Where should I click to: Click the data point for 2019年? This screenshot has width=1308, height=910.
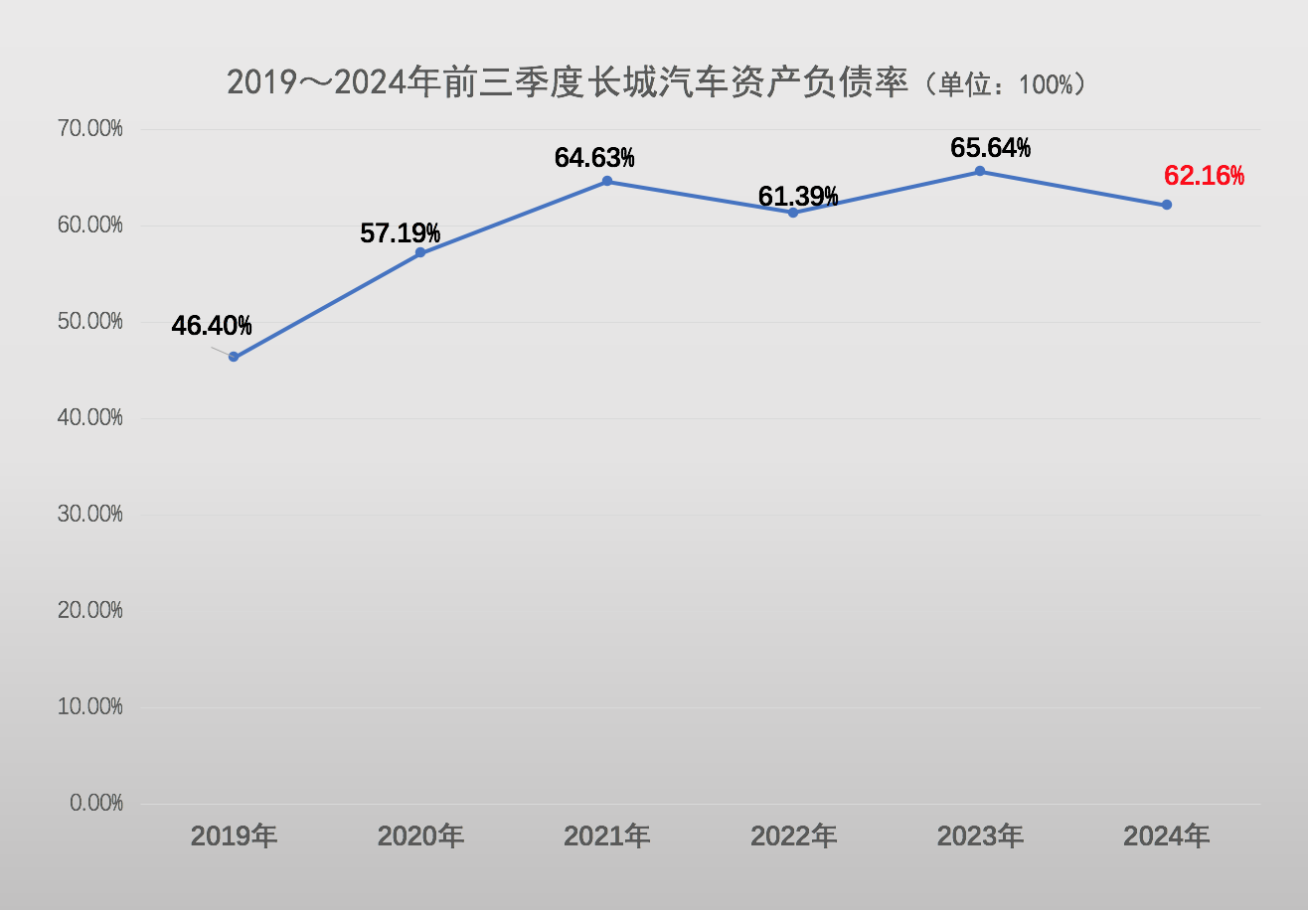coord(234,357)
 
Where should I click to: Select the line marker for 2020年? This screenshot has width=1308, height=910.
coord(420,252)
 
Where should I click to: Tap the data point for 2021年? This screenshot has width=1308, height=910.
coord(607,181)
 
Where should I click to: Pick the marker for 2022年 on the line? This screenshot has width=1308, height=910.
coord(793,213)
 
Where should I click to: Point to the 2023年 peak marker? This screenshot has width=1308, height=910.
coord(980,171)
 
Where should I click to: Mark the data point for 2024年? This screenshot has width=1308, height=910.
coord(1167,205)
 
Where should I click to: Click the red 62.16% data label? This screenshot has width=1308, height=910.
coord(1204,177)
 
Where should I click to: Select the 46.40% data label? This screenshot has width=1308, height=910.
coord(212,326)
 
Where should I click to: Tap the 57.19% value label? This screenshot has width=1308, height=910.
coord(400,234)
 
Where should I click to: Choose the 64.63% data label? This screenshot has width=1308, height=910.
coord(594,158)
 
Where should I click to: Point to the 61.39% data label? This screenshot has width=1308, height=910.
coord(798,197)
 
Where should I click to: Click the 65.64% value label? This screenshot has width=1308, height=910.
coord(990,148)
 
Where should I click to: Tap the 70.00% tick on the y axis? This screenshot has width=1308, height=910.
coord(90,129)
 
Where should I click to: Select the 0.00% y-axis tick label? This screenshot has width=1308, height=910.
coord(96,803)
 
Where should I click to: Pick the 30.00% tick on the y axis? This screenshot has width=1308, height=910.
coord(90,514)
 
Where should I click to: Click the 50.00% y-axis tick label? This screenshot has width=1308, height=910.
coord(90,322)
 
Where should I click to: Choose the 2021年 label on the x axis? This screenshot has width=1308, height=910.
coord(607,836)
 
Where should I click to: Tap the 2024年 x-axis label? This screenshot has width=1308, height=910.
coord(1167,836)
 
